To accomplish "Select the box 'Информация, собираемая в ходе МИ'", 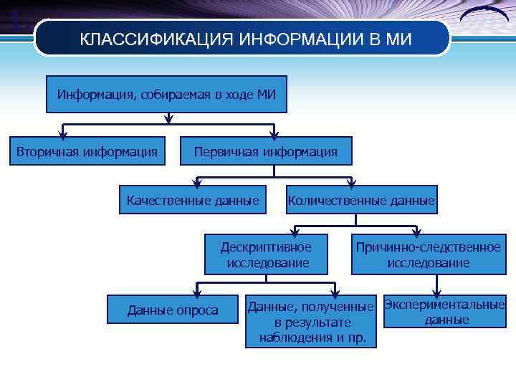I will click(166, 95).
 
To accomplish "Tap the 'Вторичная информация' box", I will click(87, 151).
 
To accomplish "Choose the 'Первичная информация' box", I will click(265, 151).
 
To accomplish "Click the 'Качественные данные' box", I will click(193, 200).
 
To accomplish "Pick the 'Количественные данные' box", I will click(361, 201).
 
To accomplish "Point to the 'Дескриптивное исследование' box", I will click(267, 254).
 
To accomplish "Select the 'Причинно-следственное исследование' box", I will click(429, 254).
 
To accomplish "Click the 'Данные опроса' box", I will click(173, 310).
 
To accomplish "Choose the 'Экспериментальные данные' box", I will click(444, 312).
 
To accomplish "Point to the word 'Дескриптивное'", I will click(267, 247).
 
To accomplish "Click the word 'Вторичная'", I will click(48, 151).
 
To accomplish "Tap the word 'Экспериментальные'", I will click(444, 305).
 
